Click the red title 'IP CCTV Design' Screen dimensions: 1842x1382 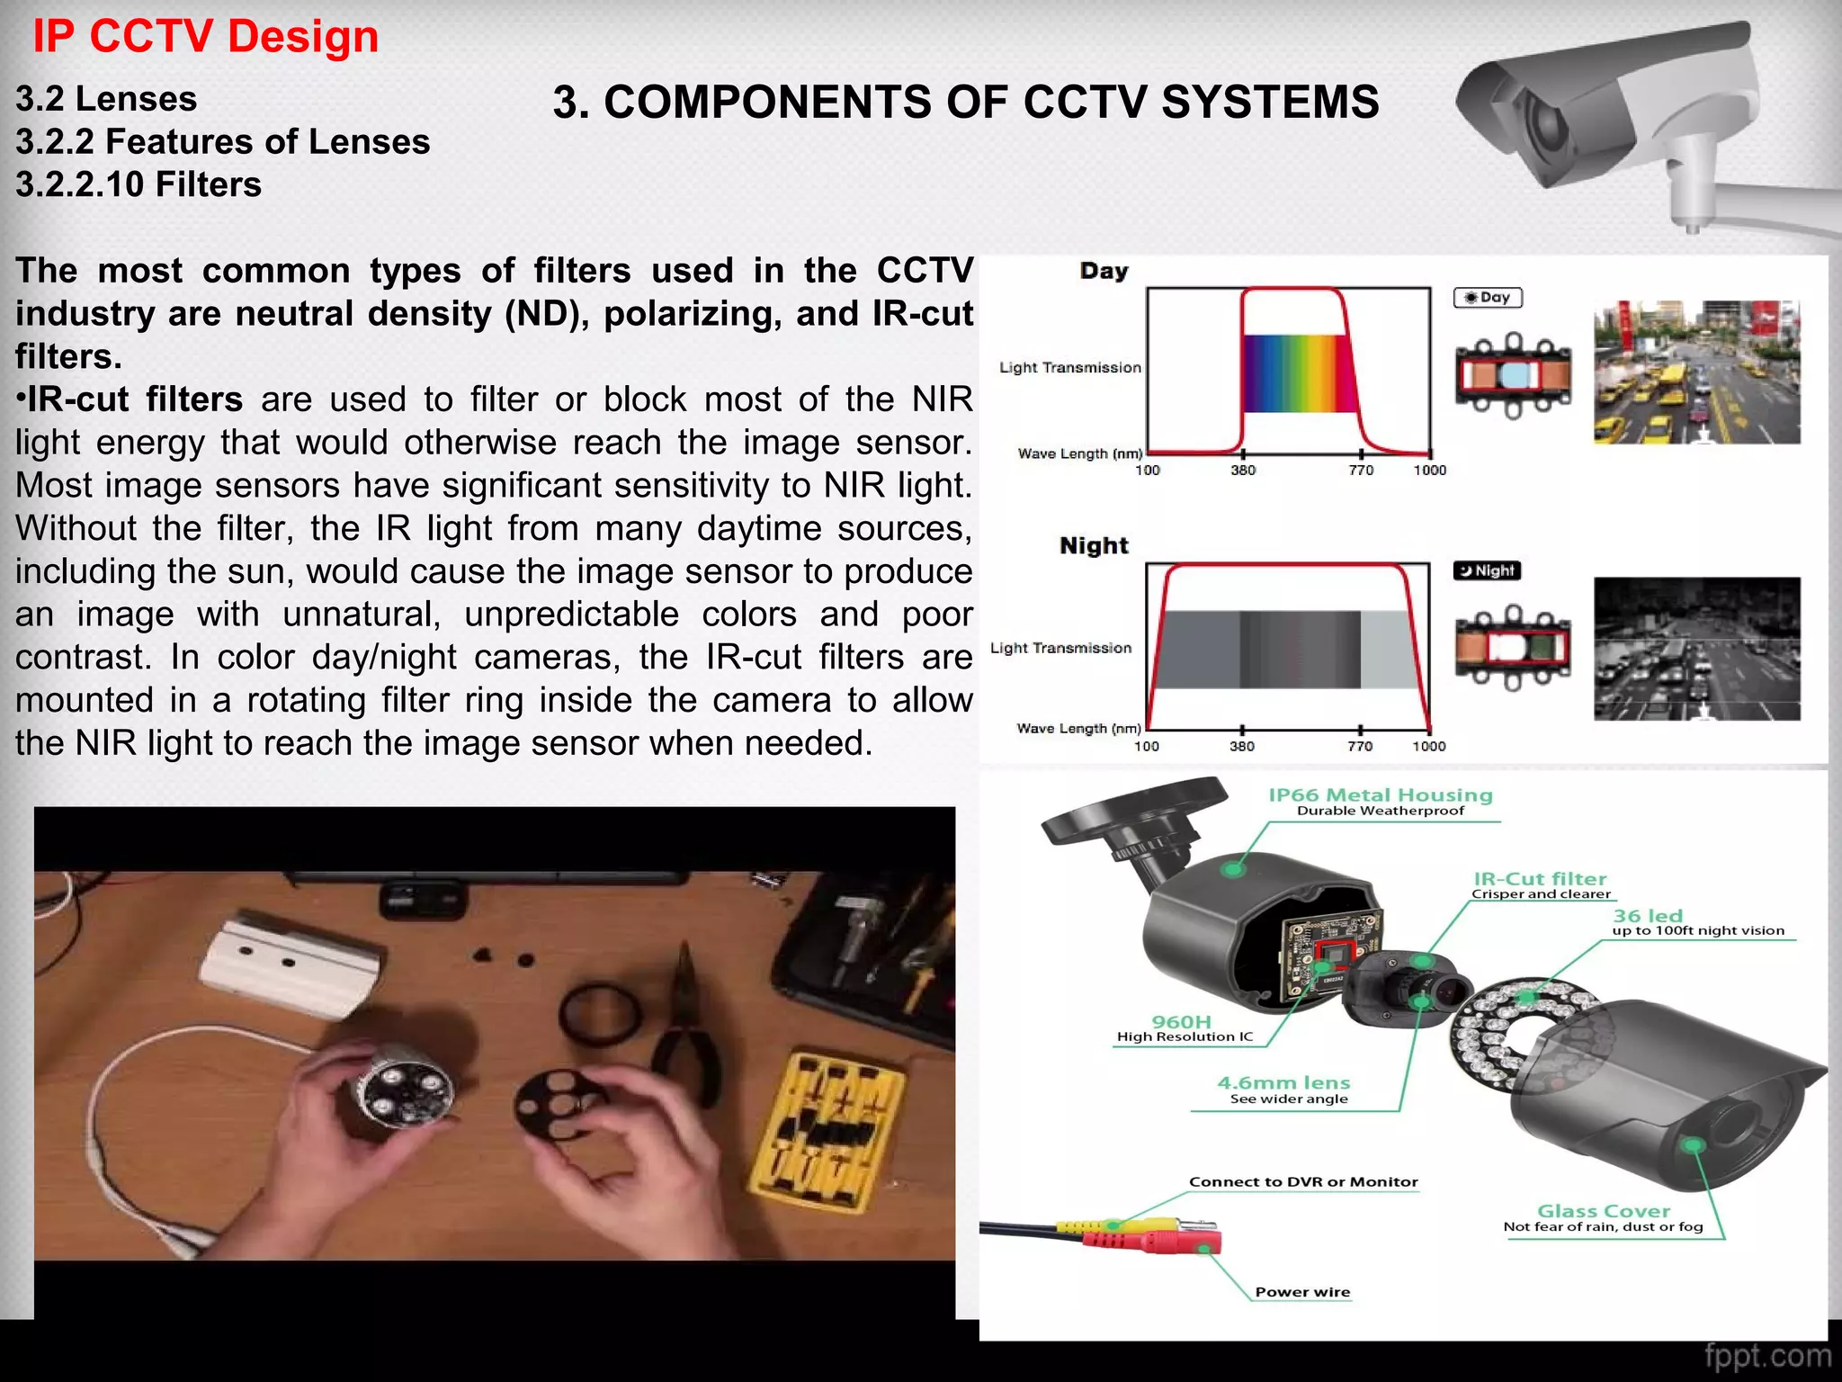click(205, 37)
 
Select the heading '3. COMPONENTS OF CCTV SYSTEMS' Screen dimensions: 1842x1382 click(966, 102)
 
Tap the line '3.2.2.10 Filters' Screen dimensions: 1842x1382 click(139, 184)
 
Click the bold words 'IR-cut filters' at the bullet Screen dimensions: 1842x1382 click(135, 399)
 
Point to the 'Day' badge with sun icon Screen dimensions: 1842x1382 click(1488, 298)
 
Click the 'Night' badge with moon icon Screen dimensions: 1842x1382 click(1487, 570)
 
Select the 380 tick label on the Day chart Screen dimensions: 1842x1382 click(1243, 471)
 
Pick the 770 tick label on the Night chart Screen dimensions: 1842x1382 click(1360, 746)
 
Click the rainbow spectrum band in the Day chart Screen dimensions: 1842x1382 click(1298, 373)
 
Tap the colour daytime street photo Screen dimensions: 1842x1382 click(1697, 372)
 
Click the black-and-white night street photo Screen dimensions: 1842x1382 click(1697, 649)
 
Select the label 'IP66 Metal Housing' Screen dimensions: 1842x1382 click(1381, 794)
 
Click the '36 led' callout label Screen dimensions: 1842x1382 click(1648, 916)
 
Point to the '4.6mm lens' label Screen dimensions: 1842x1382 click(1283, 1083)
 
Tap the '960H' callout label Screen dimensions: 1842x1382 click(1182, 1022)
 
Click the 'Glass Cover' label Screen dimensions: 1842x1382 click(1604, 1211)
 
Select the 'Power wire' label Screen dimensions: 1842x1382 click(1302, 1292)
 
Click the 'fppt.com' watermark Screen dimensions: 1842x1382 click(1767, 1356)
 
